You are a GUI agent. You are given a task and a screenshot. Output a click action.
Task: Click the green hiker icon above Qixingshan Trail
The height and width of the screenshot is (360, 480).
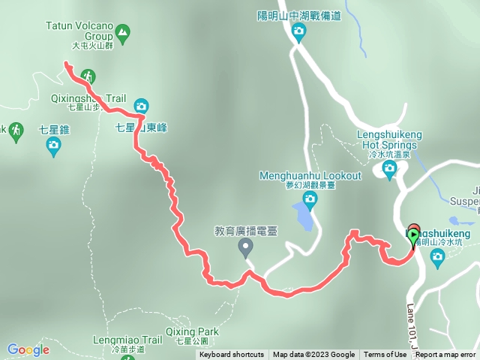pos(88,76)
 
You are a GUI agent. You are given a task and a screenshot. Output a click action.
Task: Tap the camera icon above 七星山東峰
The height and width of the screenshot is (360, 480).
pos(141,106)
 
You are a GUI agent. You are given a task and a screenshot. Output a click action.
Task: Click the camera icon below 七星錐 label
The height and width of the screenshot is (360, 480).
pos(53,148)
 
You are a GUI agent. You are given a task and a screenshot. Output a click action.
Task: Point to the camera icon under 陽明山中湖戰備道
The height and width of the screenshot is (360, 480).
pos(298,31)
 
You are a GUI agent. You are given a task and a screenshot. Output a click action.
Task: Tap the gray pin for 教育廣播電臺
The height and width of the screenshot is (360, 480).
pos(245,250)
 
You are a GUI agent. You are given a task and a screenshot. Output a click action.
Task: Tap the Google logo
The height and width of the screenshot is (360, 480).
pos(28,349)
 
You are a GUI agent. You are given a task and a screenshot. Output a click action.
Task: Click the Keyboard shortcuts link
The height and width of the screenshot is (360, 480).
pos(232,355)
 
